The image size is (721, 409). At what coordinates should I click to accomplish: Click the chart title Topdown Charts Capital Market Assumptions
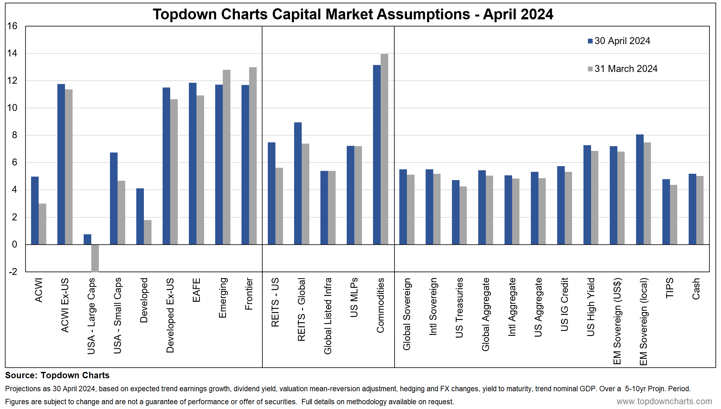click(353, 14)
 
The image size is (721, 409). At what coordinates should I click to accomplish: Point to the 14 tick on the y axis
click(12, 53)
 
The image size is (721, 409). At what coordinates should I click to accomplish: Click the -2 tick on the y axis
click(13, 272)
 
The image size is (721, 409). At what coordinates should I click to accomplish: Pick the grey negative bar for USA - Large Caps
click(95, 258)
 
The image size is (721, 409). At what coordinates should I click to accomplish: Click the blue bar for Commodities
click(377, 155)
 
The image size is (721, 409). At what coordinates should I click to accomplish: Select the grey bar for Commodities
click(384, 149)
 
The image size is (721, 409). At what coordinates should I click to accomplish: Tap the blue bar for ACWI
click(35, 211)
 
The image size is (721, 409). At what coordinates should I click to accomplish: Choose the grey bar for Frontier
click(253, 156)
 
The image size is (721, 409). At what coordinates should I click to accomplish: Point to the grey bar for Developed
click(148, 232)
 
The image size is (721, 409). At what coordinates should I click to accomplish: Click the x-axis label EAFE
click(196, 290)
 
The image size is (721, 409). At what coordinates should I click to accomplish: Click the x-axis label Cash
click(696, 289)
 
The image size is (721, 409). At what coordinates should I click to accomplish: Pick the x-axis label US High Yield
click(591, 307)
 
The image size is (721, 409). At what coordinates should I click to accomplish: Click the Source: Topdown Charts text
click(57, 375)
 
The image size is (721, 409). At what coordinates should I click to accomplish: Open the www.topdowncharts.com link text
click(664, 401)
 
